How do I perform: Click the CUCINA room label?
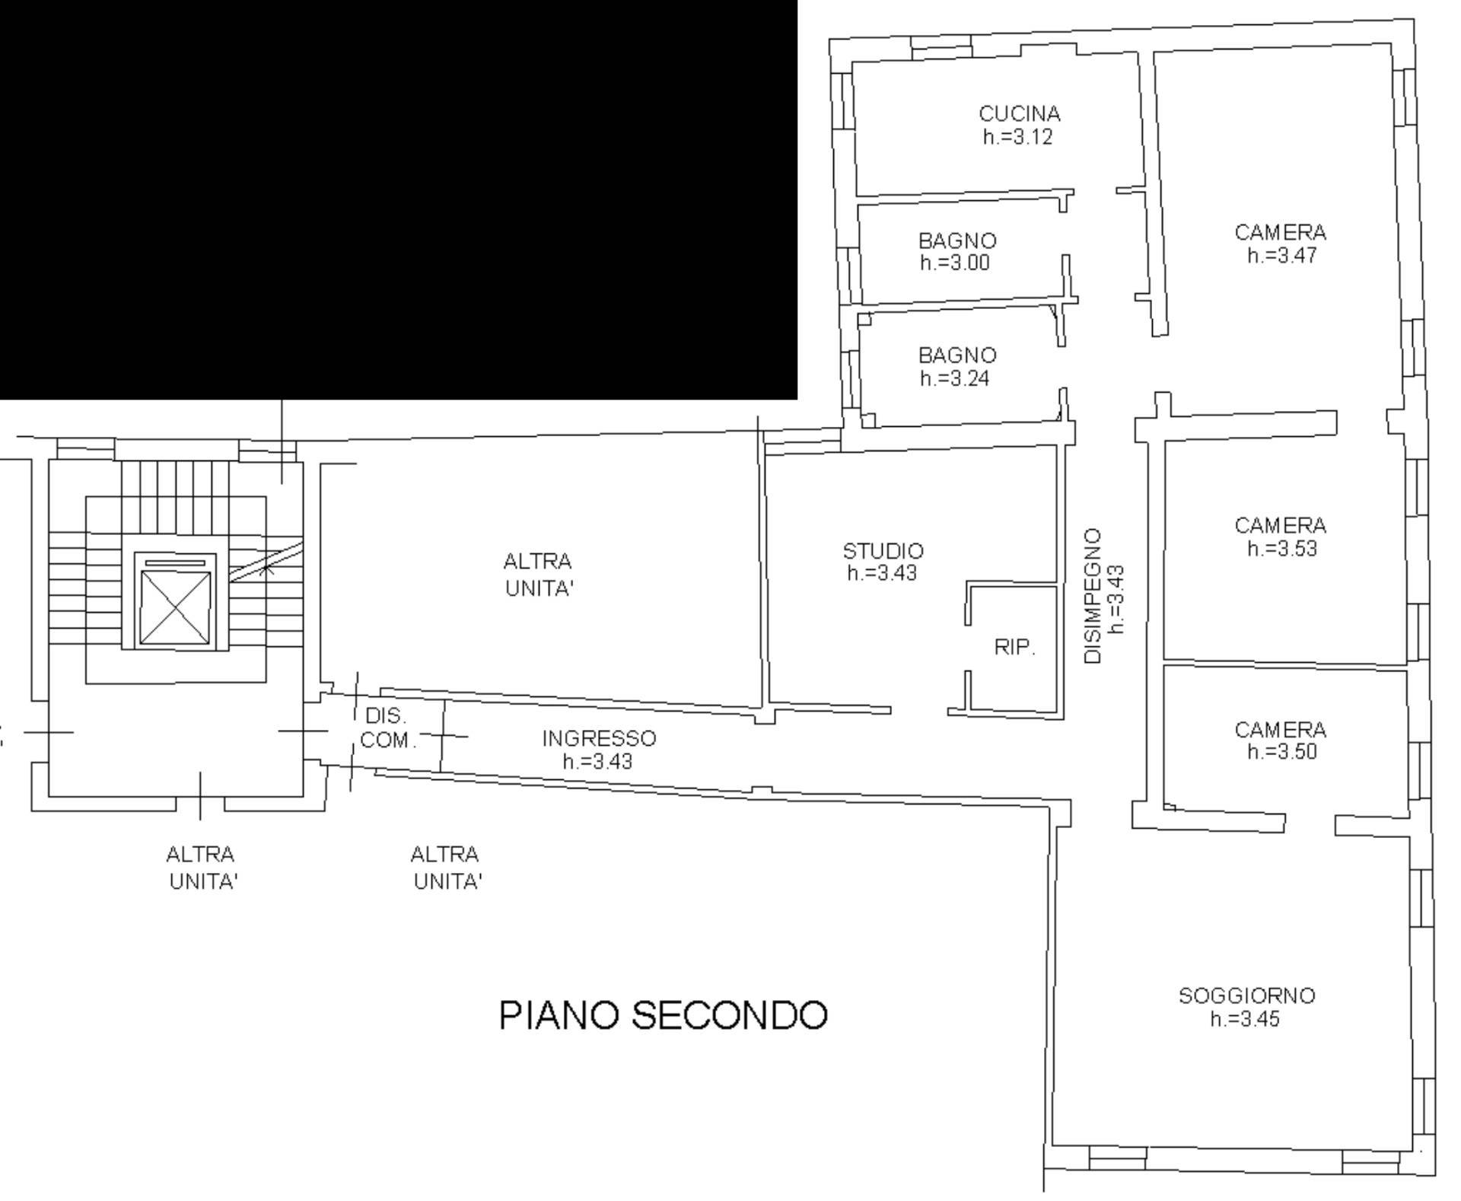tap(1019, 114)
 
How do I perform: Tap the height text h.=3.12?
tap(1017, 138)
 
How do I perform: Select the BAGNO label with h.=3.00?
tap(957, 241)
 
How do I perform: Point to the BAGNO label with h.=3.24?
tap(957, 355)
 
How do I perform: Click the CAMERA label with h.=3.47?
tap(1280, 233)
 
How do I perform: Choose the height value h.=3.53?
tap(1281, 549)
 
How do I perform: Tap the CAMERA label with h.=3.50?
tap(1280, 731)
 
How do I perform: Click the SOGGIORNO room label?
tap(1246, 996)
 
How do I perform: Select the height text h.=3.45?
tap(1245, 1019)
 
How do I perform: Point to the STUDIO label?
tap(883, 551)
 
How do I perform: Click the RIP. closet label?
tap(1014, 648)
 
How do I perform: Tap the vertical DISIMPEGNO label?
tap(1093, 596)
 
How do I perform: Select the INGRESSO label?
tap(599, 738)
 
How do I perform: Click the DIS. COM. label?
tap(387, 728)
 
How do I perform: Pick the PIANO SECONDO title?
tap(663, 1015)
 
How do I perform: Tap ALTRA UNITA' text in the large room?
tap(537, 575)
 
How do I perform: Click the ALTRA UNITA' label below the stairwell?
tap(202, 868)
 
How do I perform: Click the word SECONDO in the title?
tap(729, 1015)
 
